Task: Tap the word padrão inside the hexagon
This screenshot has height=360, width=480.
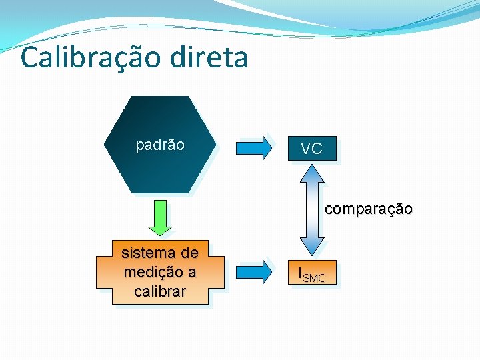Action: click(160, 145)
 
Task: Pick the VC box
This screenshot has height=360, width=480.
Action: click(311, 149)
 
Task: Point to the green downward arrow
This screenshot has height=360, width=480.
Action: click(160, 217)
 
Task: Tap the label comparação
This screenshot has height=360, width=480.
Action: click(369, 209)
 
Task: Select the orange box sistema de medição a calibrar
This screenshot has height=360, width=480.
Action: click(160, 272)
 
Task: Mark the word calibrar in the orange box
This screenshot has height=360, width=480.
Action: click(160, 291)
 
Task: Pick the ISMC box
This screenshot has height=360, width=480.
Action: click(311, 273)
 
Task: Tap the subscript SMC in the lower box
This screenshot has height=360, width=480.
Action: click(315, 277)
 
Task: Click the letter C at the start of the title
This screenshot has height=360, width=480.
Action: click(30, 57)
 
